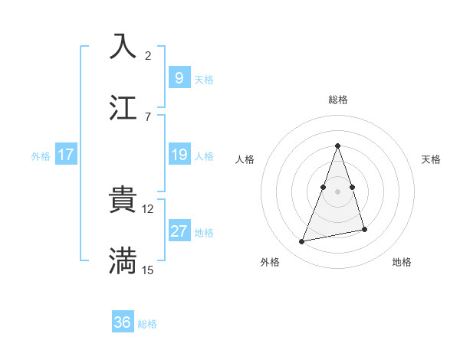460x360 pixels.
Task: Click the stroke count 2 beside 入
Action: pos(148,55)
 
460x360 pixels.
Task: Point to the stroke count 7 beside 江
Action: pos(148,116)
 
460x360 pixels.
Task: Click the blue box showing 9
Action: pos(179,78)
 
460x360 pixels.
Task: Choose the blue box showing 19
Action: pos(179,155)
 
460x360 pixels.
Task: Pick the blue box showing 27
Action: pos(179,231)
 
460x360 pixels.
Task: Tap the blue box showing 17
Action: pos(66,155)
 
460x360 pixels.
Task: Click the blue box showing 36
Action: pos(123,322)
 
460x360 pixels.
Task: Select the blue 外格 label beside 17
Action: pos(41,155)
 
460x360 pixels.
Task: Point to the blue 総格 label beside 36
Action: pos(147,324)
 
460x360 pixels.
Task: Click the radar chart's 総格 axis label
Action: pos(337,100)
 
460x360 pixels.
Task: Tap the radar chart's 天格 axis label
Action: pos(432,159)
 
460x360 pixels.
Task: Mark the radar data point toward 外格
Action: pos(302,242)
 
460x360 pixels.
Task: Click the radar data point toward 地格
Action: pos(364,229)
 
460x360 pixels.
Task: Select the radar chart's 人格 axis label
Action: pos(245,159)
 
